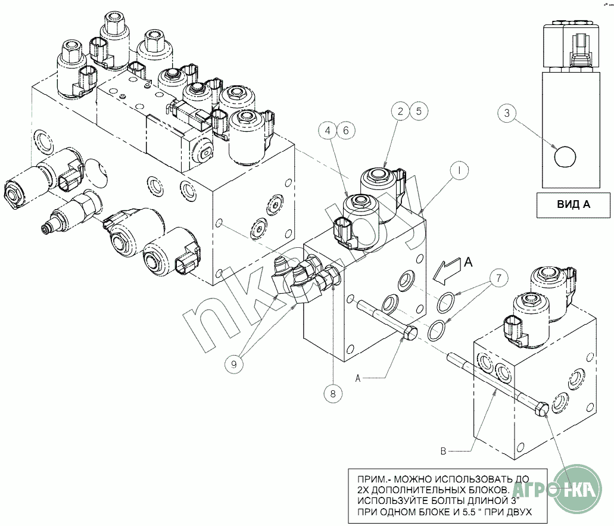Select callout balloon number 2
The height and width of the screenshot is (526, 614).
[401, 111]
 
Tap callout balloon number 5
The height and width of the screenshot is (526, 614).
[419, 111]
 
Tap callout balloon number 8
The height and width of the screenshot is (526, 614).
[334, 393]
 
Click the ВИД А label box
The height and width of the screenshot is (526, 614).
[573, 205]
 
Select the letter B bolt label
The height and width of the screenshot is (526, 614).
[442, 452]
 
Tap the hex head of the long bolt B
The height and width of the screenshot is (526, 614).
[543, 410]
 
